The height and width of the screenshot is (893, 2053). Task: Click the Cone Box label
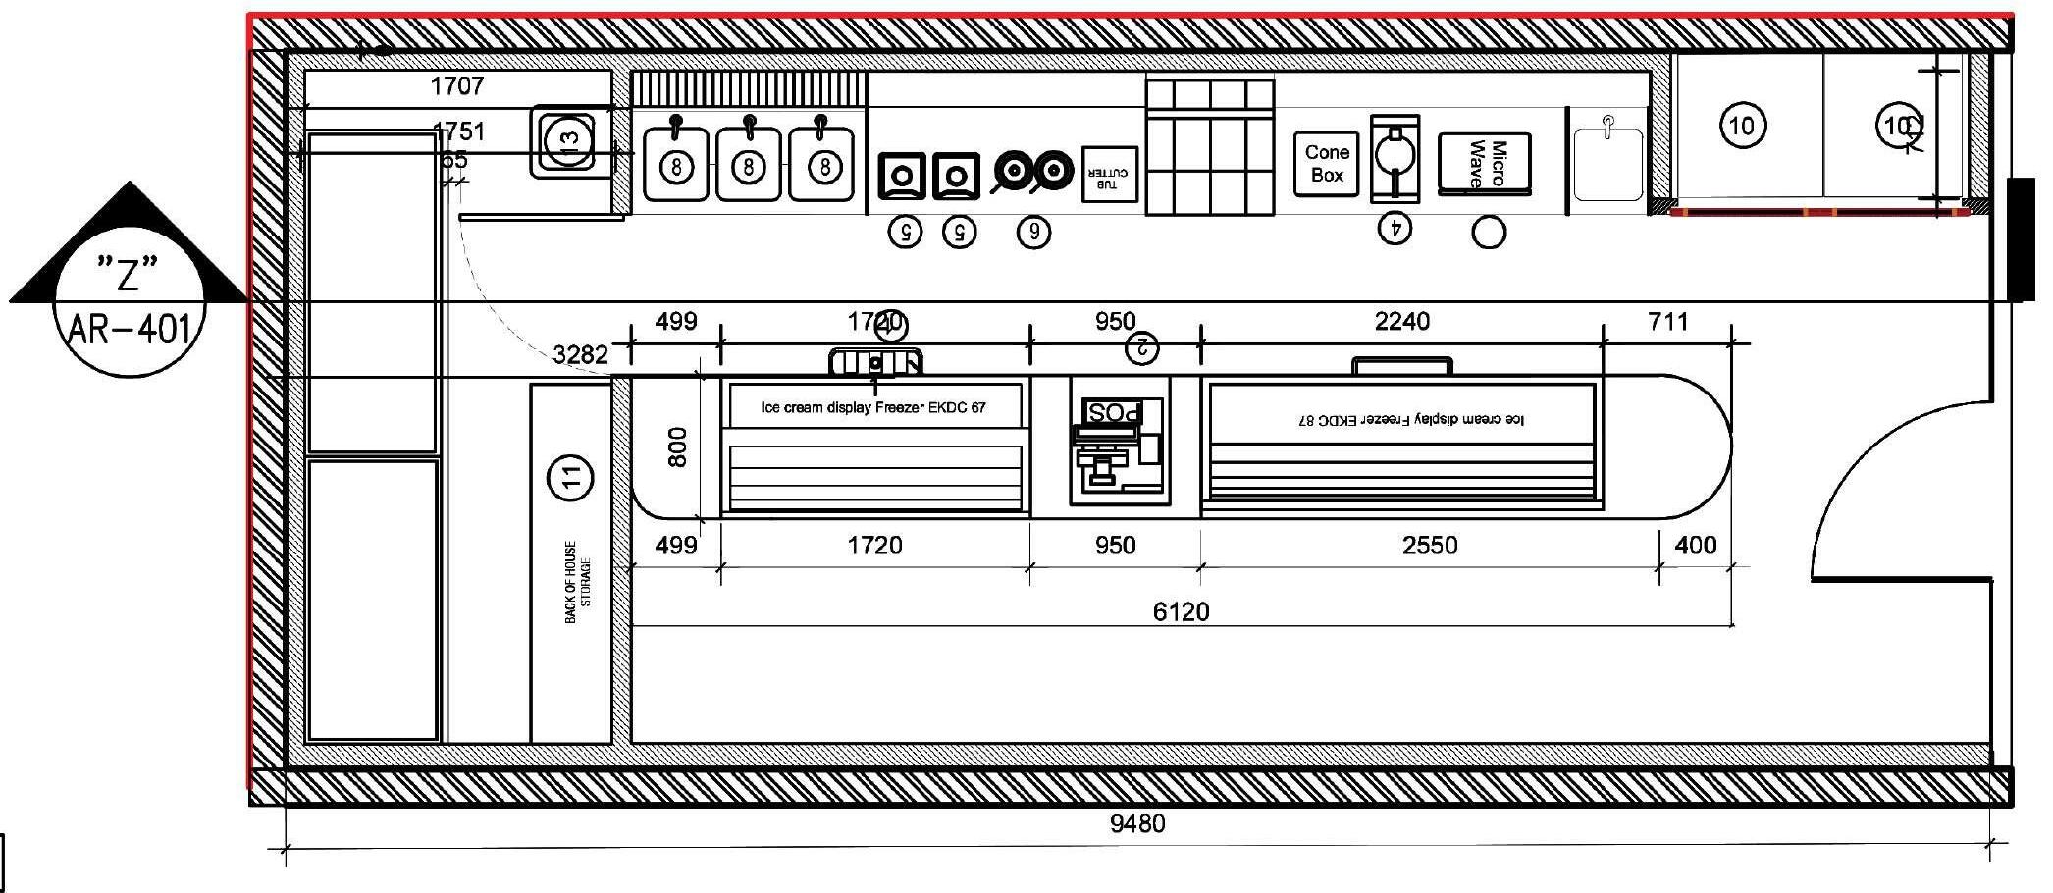coord(1326,164)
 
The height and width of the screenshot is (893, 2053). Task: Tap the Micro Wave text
coord(1486,164)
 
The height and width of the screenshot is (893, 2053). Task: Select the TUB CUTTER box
coord(1109,175)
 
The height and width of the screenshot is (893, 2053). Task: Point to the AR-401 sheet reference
coord(129,330)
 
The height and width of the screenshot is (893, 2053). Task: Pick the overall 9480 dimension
coord(1137,822)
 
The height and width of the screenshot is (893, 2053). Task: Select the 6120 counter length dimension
coord(1181,612)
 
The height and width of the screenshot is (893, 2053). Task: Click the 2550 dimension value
coord(1429,546)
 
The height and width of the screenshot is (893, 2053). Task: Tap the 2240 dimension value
coord(1401,322)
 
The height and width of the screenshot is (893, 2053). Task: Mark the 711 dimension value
coord(1667,322)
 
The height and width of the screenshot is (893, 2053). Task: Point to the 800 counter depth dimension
coord(677,446)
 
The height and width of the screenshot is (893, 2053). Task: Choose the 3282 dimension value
coord(580,354)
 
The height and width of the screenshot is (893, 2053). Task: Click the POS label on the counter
coord(1113,412)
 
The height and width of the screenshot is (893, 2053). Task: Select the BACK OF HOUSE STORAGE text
coord(578,581)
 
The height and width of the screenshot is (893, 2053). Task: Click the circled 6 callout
coord(1032,232)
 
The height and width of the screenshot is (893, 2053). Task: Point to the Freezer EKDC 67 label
coord(873,407)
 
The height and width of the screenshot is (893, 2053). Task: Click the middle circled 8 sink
coord(748,167)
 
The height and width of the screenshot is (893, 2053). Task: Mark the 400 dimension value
coord(1695,546)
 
